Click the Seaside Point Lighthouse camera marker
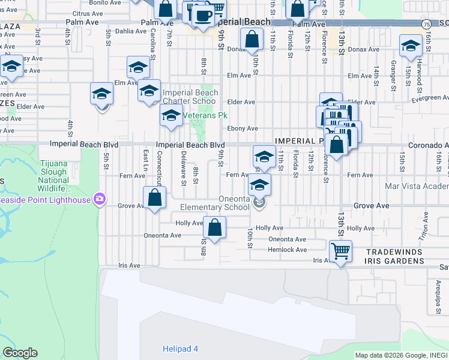pos(100,199)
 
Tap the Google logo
pos(20,353)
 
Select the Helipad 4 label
pos(180,349)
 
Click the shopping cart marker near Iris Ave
pos(340,251)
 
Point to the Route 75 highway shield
pos(426,24)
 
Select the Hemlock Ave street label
pos(288,250)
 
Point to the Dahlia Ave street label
pos(130,31)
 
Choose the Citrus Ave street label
pos(87,13)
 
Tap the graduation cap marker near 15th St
pos(411,46)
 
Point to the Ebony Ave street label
pos(243,128)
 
